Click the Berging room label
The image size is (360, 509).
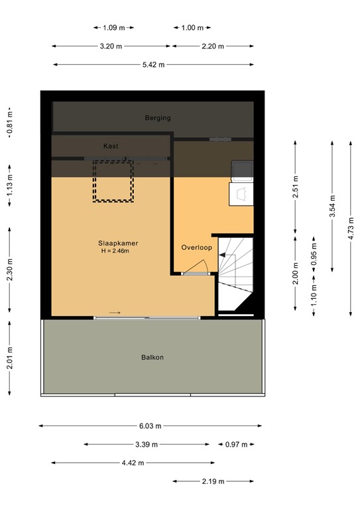coord(158,118)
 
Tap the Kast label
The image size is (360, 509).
coord(111,146)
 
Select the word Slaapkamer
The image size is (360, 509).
coord(119,243)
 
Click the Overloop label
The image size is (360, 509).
coord(196,247)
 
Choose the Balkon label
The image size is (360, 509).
coord(152,357)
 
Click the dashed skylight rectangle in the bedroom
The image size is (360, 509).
coord(113,180)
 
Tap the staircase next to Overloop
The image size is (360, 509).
coord(235,272)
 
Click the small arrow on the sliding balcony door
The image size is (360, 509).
coord(115,313)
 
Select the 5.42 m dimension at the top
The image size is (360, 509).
coord(153,64)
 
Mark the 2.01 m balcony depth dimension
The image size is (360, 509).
coord(9,359)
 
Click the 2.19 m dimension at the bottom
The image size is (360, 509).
coord(213,481)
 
